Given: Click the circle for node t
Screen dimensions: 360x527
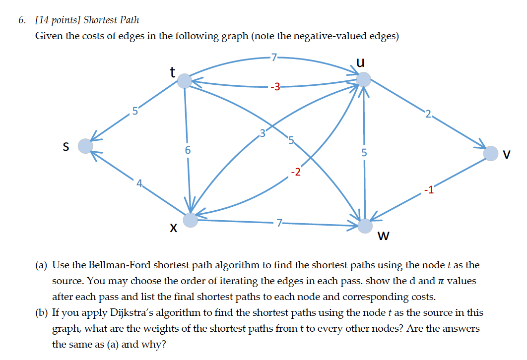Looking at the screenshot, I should [x=185, y=80].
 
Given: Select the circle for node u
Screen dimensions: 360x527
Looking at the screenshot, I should [x=364, y=79].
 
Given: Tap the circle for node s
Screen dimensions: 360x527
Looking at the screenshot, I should [x=85, y=146].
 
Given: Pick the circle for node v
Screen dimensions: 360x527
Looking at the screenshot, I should [x=490, y=153].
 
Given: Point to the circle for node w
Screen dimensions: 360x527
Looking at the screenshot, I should [x=365, y=226].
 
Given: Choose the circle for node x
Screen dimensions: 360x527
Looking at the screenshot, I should [x=191, y=220].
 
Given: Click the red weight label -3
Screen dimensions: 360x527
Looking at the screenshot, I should [x=275, y=88].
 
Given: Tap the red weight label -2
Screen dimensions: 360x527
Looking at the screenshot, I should [x=295, y=172].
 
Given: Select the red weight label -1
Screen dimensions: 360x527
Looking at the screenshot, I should [x=428, y=189].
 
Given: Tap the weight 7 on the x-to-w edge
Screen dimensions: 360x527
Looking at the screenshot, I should [x=280, y=223].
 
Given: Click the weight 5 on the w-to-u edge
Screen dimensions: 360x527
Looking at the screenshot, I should [x=364, y=153].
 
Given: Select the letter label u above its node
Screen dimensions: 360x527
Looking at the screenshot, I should [x=361, y=62].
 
